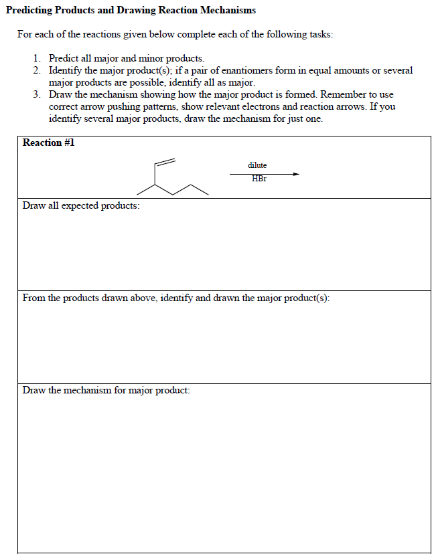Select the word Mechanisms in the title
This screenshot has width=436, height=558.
[224, 11]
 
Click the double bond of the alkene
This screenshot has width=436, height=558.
[165, 162]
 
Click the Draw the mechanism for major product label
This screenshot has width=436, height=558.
[106, 390]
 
